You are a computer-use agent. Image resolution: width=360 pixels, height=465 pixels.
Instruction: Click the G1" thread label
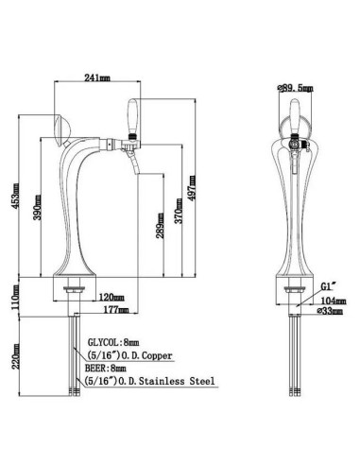point(323,284)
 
